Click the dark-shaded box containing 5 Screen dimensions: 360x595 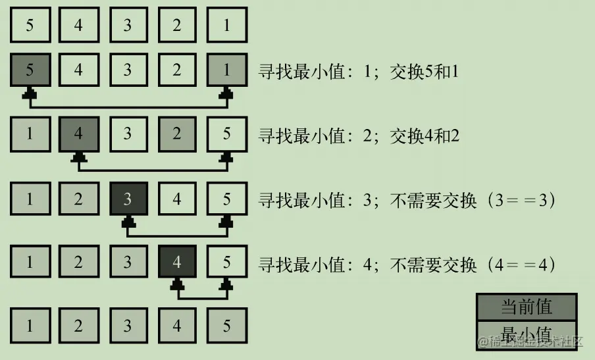click(30, 70)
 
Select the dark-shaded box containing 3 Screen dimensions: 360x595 click(128, 198)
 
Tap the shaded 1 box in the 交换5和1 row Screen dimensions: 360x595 click(227, 70)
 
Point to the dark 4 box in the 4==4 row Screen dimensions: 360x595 click(177, 262)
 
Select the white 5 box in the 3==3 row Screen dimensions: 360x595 click(227, 198)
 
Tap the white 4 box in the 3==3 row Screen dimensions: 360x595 click(177, 198)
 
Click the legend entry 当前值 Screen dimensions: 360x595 click(527, 307)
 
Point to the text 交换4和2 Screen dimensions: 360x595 click(425, 136)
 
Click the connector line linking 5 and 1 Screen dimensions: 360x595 click(128, 106)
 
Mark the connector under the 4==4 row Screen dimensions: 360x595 click(202, 297)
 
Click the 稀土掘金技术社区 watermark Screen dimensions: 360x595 click(530, 342)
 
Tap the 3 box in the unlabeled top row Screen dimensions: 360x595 click(128, 26)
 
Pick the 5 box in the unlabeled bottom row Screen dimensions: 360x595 click(227, 326)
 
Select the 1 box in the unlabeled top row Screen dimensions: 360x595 click(227, 26)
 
